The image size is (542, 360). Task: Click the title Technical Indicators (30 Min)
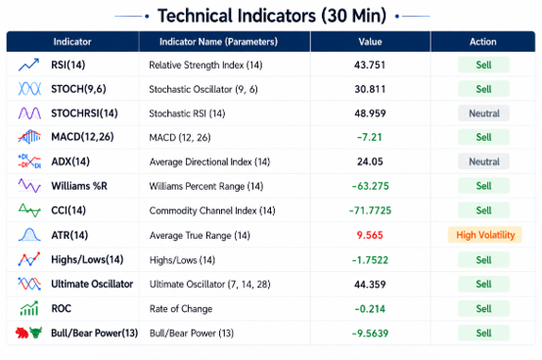coord(272,16)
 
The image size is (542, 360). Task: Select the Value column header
coord(370,42)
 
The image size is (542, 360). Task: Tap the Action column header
coord(483,42)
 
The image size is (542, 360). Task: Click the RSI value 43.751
coord(370,65)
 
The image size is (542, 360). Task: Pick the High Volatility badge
coord(485,236)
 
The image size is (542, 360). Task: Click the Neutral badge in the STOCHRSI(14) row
coord(484,113)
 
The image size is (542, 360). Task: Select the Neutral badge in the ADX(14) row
coord(484,161)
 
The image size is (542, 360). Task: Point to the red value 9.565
coord(370,236)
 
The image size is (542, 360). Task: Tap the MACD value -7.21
coord(370,137)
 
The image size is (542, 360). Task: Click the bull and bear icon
coord(28,333)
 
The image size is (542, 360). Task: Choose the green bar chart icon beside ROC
coord(29,308)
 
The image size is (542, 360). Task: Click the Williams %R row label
coord(79,186)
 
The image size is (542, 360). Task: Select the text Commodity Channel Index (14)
coord(212,210)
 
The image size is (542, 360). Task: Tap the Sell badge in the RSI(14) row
coord(483,65)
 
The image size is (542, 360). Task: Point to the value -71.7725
coord(370,210)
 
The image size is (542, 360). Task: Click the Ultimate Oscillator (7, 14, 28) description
coord(209,285)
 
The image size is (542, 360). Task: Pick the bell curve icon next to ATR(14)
coord(29,235)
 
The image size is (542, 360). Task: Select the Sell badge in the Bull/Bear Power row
coord(483,333)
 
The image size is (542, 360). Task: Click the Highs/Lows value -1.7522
coord(370,260)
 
